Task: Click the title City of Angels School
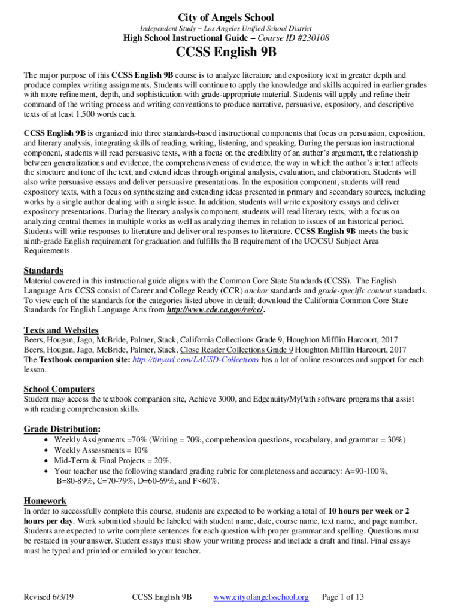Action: (x=231, y=18)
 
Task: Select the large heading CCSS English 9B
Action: (x=231, y=54)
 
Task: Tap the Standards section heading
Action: (x=43, y=270)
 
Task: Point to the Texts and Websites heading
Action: (x=61, y=330)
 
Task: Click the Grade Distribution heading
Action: (x=62, y=429)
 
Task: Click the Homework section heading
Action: (x=45, y=500)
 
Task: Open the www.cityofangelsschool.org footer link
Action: (x=260, y=597)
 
